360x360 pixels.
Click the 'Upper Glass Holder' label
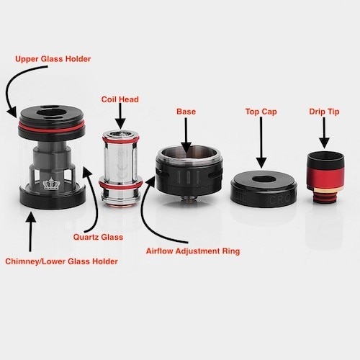[x=53, y=59]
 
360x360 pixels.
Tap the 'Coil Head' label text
[x=120, y=99]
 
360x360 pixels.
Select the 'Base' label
[x=186, y=112]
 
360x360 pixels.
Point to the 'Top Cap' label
[x=261, y=112]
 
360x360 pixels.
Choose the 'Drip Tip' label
[x=324, y=112]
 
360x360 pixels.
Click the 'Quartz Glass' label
[x=98, y=237]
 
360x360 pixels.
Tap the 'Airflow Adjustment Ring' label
[x=193, y=251]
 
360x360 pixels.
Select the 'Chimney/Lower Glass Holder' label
[x=61, y=261]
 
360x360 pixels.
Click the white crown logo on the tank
[x=50, y=184]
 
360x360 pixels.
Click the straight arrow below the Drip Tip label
[x=324, y=132]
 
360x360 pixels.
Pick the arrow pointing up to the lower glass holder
[x=30, y=231]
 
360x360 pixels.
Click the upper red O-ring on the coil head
[x=121, y=140]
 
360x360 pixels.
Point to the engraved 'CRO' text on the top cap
[x=282, y=200]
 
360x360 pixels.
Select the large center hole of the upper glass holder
[x=51, y=114]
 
